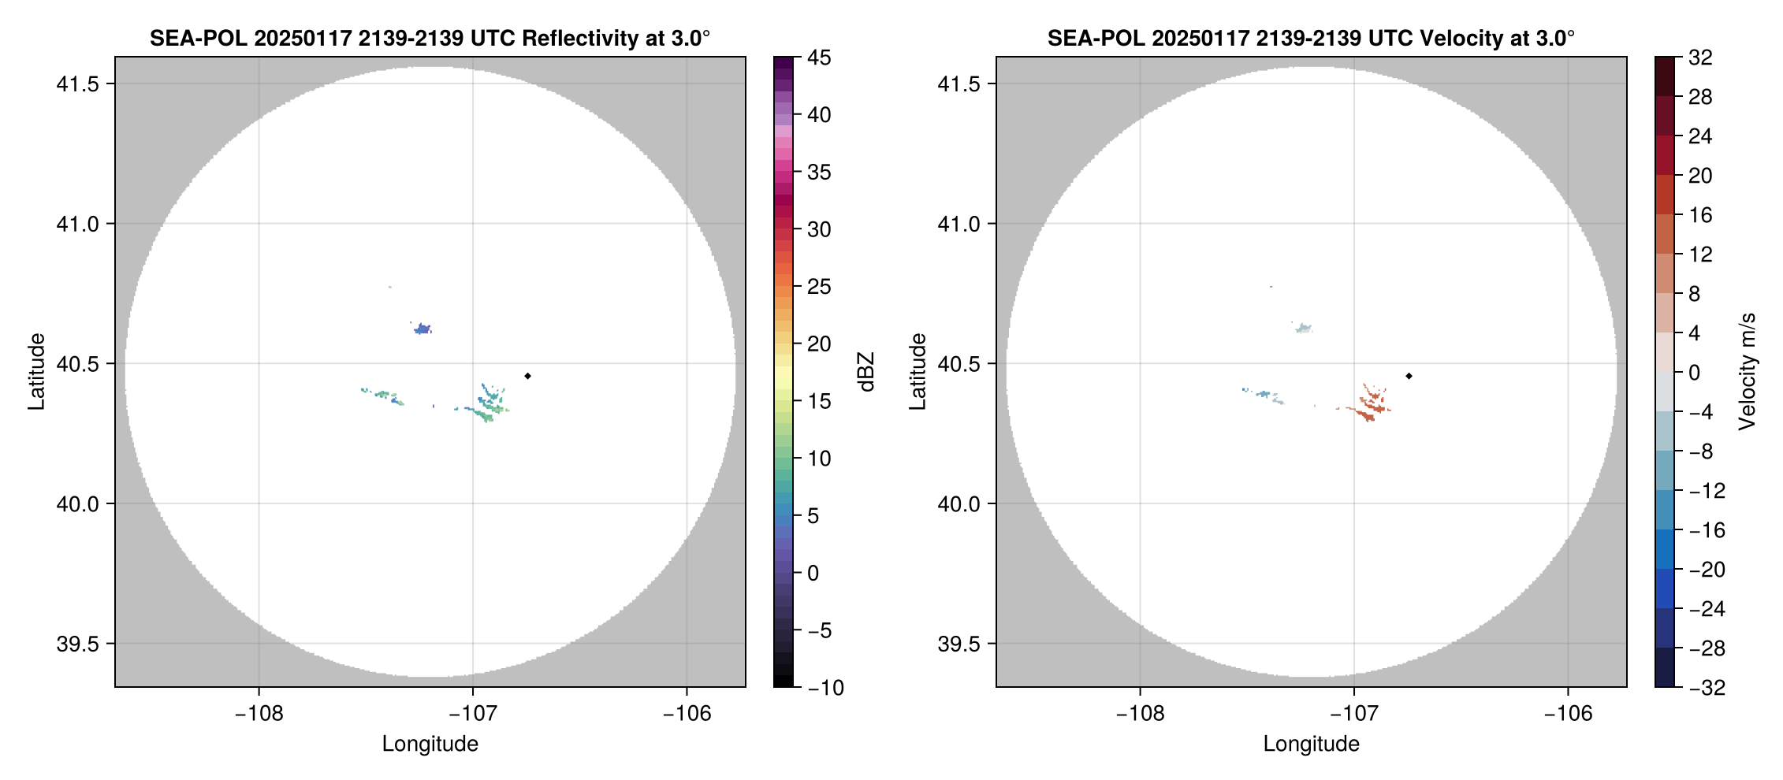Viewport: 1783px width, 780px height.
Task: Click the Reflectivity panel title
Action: coord(430,38)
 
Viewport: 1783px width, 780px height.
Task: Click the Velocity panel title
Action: coord(1310,38)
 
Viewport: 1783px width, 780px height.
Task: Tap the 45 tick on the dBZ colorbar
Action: coord(818,58)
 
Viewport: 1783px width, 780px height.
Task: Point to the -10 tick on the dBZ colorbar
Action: coord(824,688)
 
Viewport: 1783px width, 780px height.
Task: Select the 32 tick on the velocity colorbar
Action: coord(1700,58)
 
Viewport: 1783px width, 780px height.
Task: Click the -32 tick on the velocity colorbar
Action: coord(1707,688)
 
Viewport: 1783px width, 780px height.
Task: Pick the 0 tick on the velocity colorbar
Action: coord(1694,373)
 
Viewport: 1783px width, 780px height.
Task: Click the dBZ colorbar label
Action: coord(866,372)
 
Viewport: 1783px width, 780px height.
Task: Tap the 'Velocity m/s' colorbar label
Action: coord(1748,372)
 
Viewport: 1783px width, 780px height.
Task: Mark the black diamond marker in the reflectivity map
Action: coord(527,376)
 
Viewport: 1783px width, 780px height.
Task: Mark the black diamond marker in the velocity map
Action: coord(1409,376)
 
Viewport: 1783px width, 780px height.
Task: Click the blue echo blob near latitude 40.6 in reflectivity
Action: coord(422,329)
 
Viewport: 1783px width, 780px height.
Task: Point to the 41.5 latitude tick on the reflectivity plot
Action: coord(77,84)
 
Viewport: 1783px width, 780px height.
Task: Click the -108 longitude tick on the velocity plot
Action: coord(1140,713)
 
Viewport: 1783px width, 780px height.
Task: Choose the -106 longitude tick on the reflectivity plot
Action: coord(687,713)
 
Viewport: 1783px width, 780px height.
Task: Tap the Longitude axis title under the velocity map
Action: coord(1311,744)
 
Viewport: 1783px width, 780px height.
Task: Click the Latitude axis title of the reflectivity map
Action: coord(36,372)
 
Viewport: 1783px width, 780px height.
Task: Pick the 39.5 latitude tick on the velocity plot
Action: coord(959,644)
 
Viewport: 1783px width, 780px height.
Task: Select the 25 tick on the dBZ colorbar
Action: coord(818,287)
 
